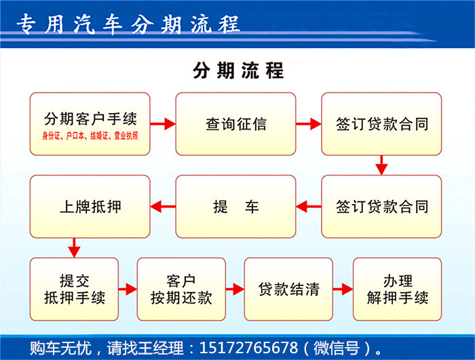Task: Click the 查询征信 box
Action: pos(235,124)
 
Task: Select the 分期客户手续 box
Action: pos(90,124)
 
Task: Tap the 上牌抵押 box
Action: pos(90,207)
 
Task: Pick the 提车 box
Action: pos(235,207)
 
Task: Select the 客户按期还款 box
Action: pos(181,289)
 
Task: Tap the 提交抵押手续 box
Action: pos(74,289)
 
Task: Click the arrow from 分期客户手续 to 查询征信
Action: pos(163,124)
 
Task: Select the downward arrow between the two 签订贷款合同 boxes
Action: pos(381,165)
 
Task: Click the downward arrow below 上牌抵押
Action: pos(74,247)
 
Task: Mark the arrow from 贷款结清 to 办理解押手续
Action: pos(343,289)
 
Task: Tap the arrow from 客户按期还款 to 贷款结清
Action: pos(235,289)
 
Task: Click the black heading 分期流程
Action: pos(237,71)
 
